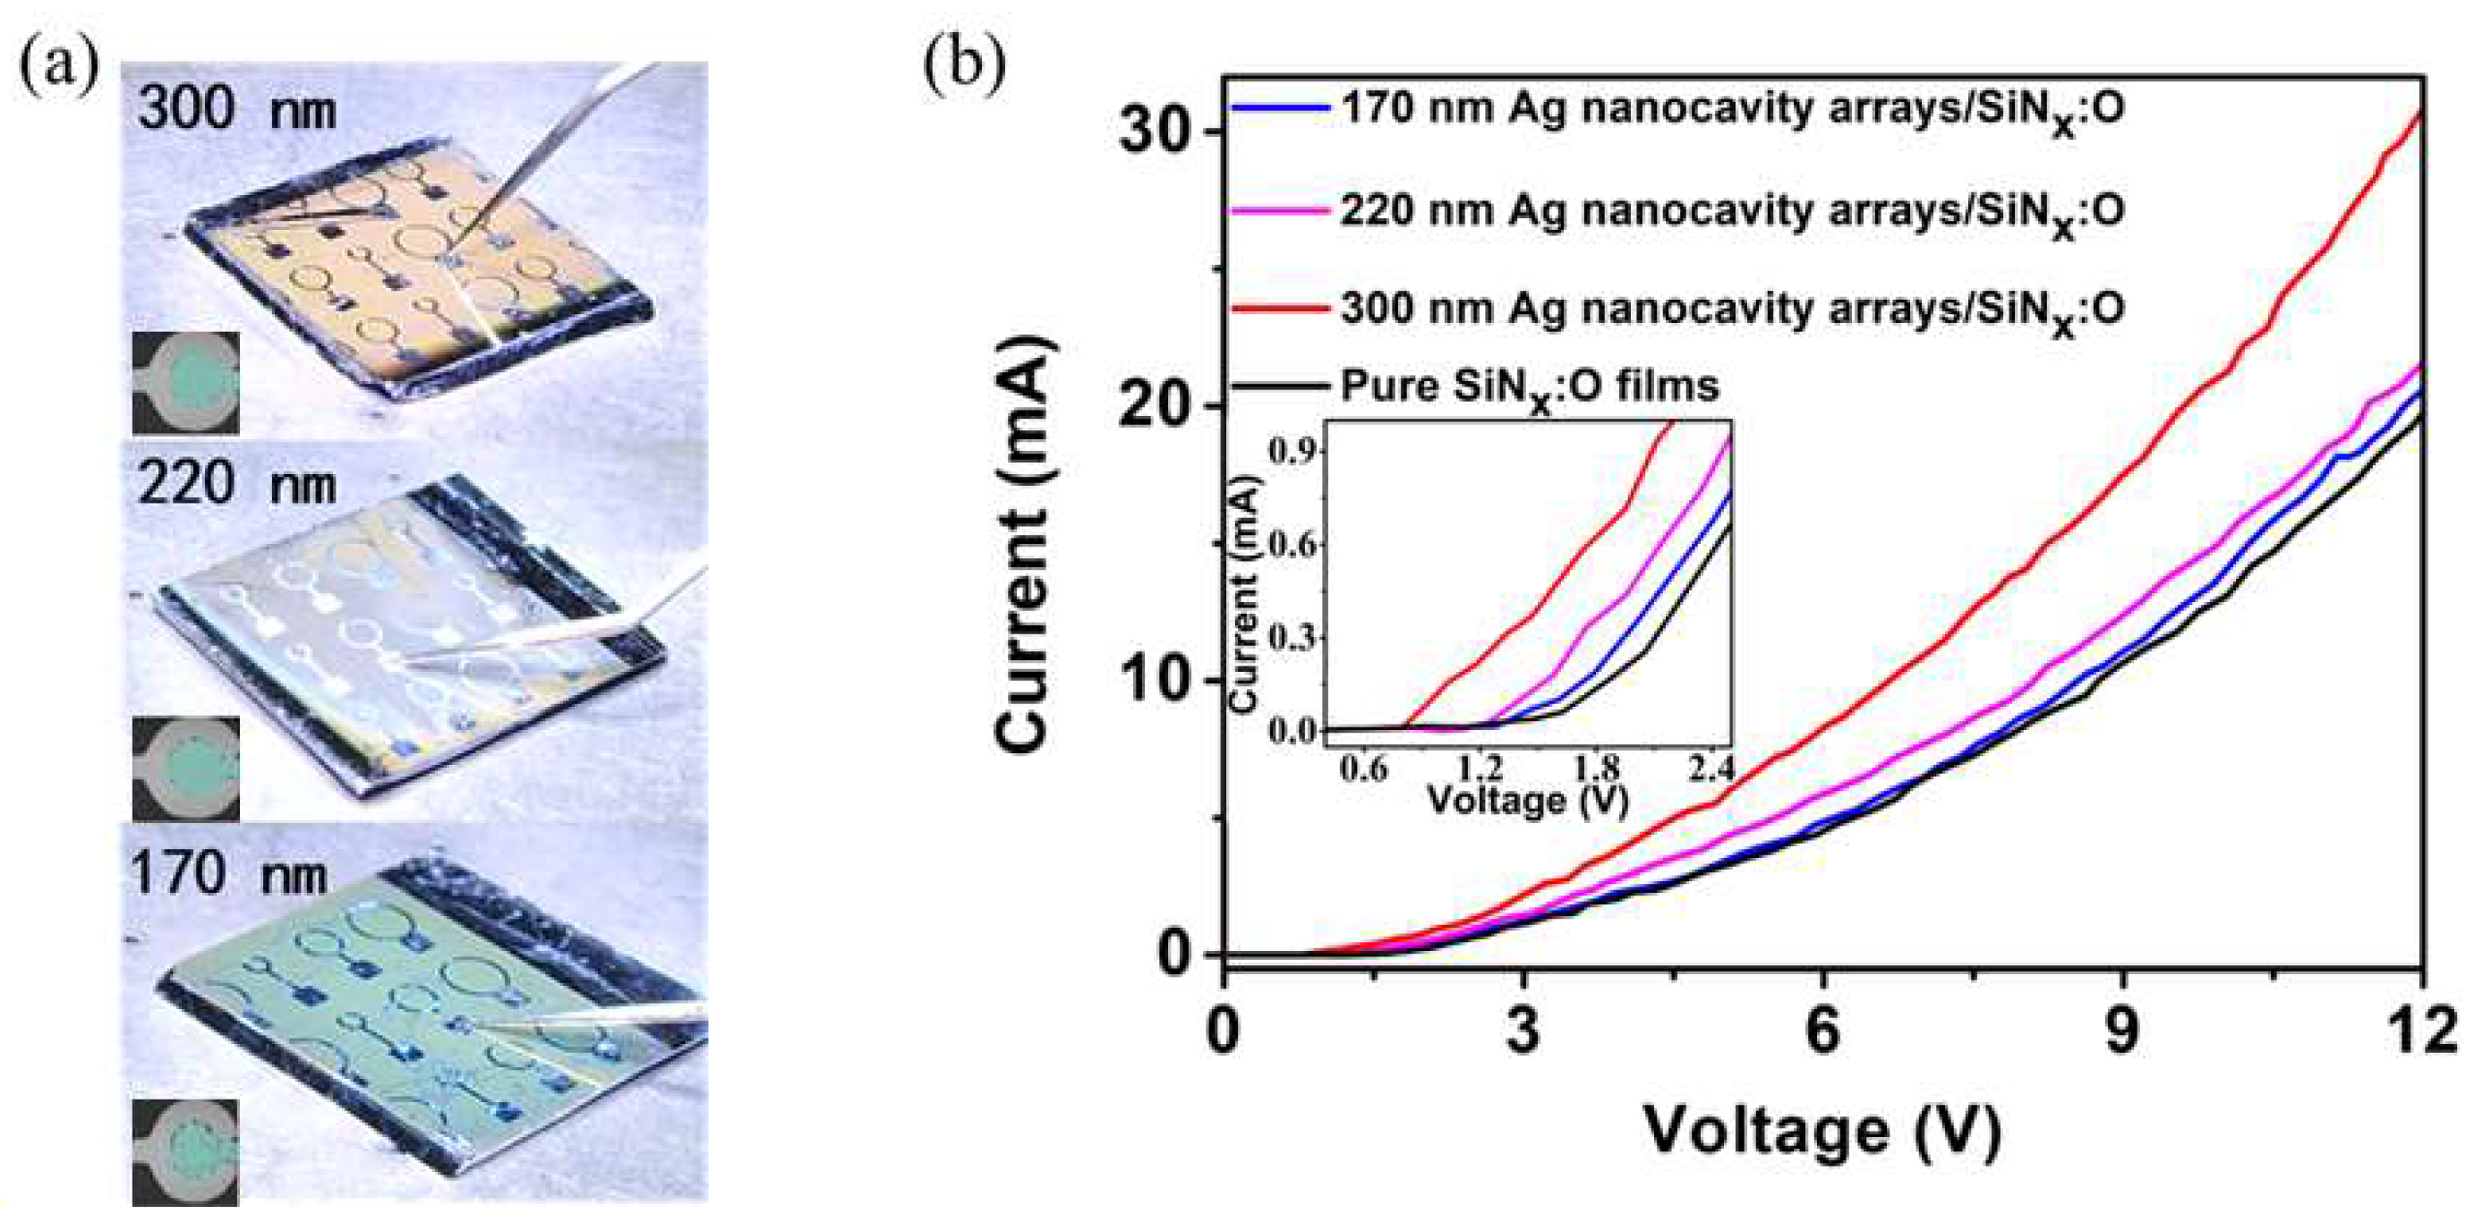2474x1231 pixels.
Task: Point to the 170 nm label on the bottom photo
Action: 228,874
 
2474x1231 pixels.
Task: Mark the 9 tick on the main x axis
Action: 2122,1037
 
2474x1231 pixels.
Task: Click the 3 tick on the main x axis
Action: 1523,1037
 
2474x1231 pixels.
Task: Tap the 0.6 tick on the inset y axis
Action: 1291,546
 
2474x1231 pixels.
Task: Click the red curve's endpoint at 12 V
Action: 2420,141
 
